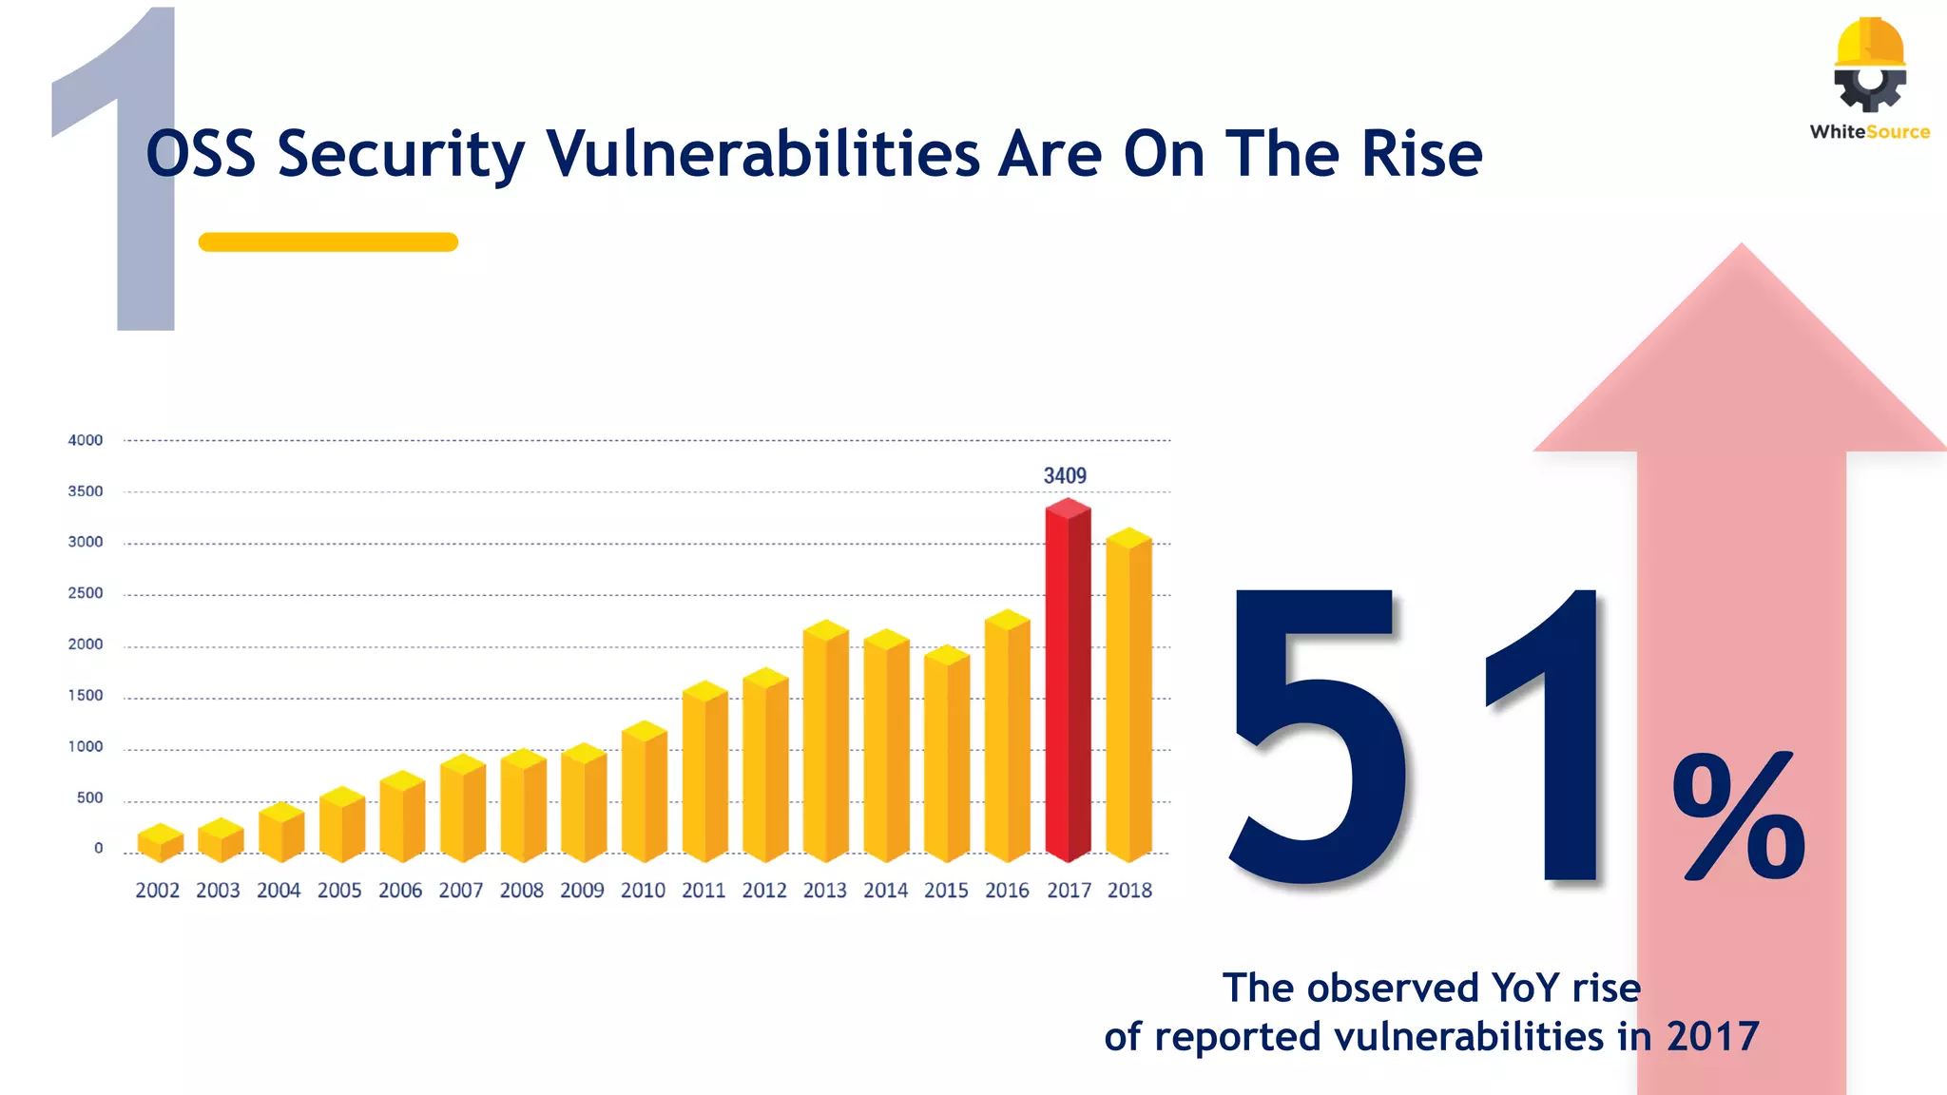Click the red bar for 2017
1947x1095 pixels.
[x=1068, y=684]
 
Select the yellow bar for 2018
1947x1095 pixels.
[x=1128, y=699]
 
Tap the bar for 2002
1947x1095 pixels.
[x=160, y=843]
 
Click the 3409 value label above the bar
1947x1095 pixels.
[x=1065, y=475]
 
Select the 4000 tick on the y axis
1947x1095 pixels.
[x=86, y=440]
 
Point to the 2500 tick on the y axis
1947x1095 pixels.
[x=86, y=593]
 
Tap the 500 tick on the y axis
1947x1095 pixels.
[x=89, y=797]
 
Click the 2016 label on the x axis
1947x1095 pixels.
[x=1007, y=891]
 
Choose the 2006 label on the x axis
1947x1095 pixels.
[x=400, y=891]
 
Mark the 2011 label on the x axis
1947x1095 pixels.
[x=704, y=891]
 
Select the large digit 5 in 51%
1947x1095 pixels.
[x=1317, y=737]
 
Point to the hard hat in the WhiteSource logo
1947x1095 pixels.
[x=1870, y=42]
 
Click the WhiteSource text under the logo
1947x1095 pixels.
[x=1869, y=132]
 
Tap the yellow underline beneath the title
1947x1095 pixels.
[x=328, y=242]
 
